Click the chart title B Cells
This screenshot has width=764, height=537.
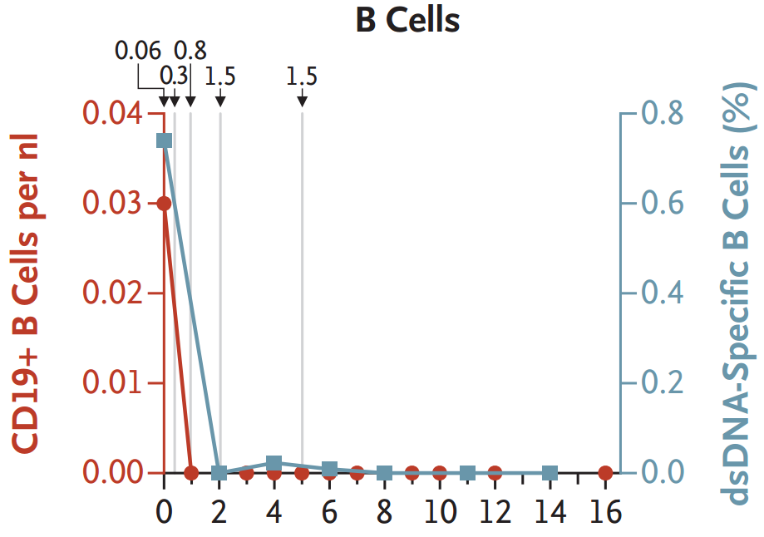coord(407,20)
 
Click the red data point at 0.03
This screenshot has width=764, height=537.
coord(164,204)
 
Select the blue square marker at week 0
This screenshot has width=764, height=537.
coord(165,140)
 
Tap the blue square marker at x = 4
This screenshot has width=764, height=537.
coord(274,463)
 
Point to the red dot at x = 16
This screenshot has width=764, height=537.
coord(606,473)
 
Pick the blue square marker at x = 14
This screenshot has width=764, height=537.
coord(550,473)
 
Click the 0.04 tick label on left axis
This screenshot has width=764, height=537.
coord(116,113)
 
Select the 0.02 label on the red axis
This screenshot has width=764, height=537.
coord(116,293)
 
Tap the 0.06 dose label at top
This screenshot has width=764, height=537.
coord(138,51)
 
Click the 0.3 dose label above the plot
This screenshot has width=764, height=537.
coord(174,75)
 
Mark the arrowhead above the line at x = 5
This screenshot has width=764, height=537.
coord(302,101)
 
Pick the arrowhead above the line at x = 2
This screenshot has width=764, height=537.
coord(220,101)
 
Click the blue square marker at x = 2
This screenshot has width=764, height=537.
coord(219,473)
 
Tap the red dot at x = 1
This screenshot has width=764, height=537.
coord(191,473)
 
